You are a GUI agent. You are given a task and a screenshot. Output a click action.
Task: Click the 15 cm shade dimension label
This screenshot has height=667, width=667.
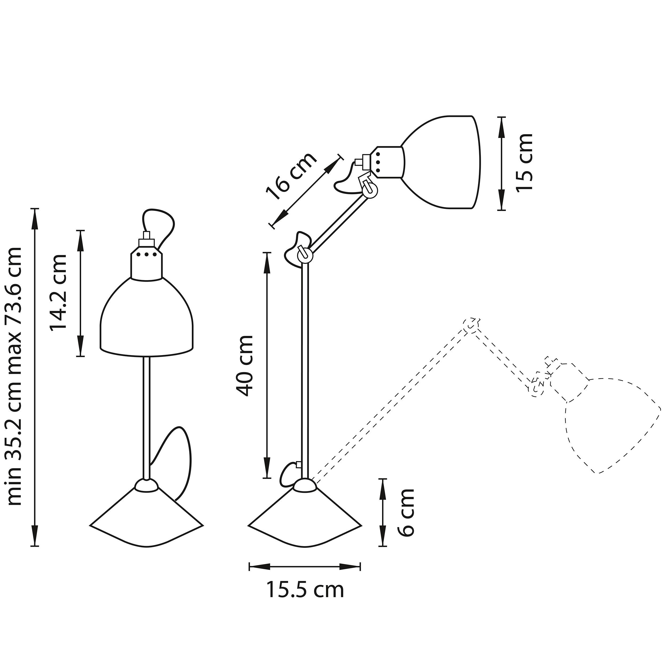[x=524, y=162]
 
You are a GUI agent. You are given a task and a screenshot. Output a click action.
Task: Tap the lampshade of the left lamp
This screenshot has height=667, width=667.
[x=146, y=319]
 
